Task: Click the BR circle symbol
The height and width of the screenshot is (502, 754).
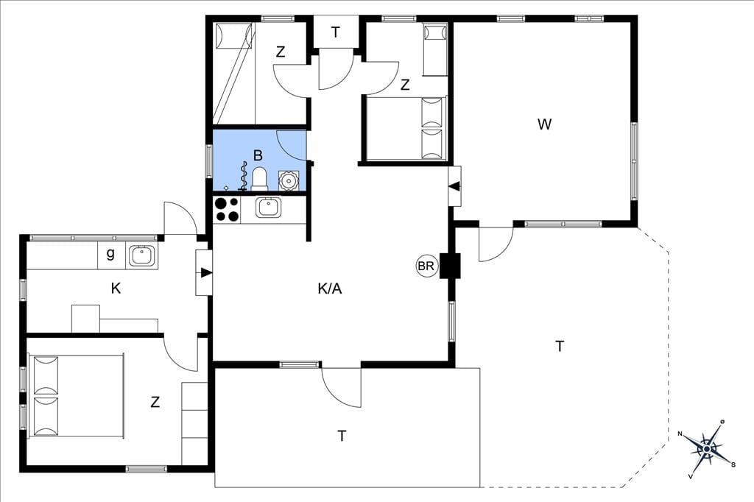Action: click(426, 266)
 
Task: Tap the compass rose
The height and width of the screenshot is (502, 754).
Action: click(706, 448)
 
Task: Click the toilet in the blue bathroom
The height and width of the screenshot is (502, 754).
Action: click(259, 178)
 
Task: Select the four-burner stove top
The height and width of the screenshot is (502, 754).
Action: click(227, 210)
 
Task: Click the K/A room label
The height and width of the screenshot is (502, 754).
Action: click(330, 289)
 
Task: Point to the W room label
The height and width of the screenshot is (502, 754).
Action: click(544, 124)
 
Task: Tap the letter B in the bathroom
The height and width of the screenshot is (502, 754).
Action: click(258, 155)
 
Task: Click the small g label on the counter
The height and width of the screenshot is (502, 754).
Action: click(110, 253)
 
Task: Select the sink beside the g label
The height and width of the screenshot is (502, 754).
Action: click(141, 255)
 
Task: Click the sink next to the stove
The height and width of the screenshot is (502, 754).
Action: click(267, 208)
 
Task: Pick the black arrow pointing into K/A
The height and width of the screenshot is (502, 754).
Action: click(206, 272)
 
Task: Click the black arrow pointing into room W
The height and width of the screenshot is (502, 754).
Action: click(454, 186)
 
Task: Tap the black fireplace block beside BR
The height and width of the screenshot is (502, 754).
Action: click(450, 266)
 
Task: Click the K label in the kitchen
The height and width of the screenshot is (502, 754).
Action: click(116, 289)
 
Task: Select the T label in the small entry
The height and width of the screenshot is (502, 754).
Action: click(335, 32)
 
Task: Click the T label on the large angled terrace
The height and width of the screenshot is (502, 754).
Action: click(560, 346)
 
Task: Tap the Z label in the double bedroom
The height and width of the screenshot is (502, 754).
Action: click(155, 402)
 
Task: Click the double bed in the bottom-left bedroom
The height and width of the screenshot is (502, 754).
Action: click(77, 396)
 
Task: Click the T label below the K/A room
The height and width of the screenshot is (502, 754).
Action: click(342, 436)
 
